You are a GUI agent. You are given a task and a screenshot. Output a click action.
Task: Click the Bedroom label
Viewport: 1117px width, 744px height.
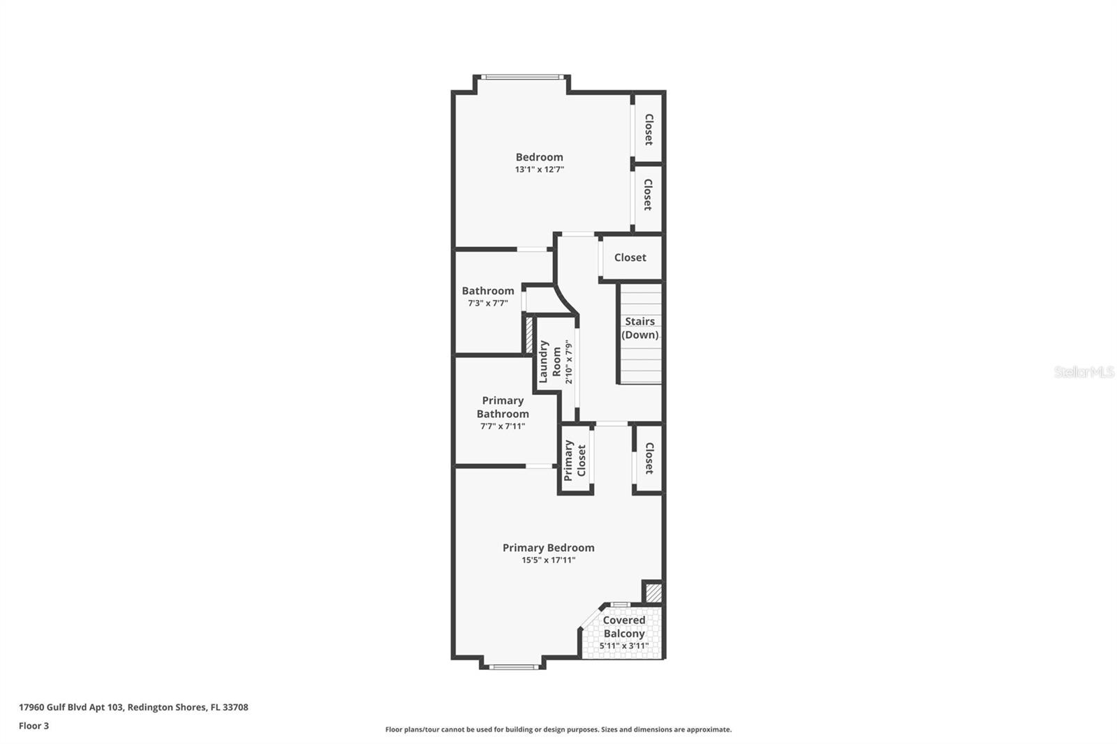point(539,157)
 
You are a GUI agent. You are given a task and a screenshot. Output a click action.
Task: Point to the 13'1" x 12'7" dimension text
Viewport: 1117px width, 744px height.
point(539,170)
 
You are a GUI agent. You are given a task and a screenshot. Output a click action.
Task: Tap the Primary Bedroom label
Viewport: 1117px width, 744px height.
point(548,548)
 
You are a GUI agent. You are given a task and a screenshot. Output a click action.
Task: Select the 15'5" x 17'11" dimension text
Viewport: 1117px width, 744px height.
point(548,560)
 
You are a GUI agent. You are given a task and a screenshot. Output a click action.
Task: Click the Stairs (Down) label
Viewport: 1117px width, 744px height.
point(639,328)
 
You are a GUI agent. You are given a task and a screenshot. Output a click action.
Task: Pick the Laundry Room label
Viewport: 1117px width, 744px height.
point(550,362)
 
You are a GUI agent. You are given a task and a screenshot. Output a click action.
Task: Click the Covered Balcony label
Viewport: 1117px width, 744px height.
point(623,627)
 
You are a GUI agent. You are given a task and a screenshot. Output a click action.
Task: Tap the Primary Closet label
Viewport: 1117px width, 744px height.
point(575,460)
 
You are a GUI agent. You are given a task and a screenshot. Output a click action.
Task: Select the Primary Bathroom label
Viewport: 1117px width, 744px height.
point(503,407)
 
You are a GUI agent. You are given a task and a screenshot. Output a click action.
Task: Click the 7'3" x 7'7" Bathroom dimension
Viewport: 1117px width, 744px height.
point(487,304)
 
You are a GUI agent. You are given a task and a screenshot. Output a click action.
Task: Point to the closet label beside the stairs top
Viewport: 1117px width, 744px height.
point(630,258)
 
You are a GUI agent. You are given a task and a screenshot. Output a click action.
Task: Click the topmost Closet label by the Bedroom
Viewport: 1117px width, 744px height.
point(648,130)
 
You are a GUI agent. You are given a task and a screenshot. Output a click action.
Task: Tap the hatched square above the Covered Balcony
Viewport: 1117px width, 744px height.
point(653,593)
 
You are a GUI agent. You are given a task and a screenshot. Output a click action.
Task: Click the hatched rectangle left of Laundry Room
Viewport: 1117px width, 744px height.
point(529,336)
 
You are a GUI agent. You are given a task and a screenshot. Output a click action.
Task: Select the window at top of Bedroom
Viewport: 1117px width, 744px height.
point(522,76)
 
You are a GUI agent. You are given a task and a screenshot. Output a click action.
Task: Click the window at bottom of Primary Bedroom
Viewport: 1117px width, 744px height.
point(513,667)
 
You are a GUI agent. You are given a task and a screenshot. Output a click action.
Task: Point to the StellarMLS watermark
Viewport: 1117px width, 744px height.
point(1083,372)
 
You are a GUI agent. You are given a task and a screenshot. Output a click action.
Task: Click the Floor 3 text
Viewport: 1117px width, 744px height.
point(34,726)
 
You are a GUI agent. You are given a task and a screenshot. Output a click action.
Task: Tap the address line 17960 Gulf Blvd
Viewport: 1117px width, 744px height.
point(133,707)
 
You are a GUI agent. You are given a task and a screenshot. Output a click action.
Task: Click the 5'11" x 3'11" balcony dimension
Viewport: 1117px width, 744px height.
point(623,646)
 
